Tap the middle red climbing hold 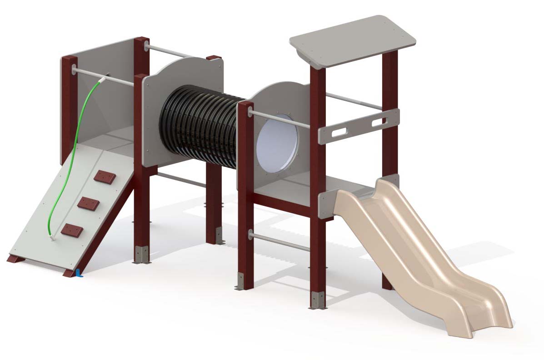coord(88,203)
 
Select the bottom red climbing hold coord(72,231)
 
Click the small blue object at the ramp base coord(79,273)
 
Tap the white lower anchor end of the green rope coord(52,237)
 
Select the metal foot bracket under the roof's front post coord(318,300)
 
